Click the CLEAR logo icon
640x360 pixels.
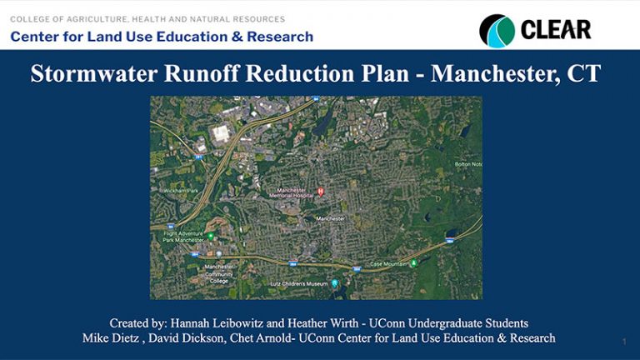[x=497, y=31]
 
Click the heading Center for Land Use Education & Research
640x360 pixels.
[x=162, y=37]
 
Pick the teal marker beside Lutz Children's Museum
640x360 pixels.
[x=335, y=283]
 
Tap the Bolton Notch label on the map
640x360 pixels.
[x=467, y=164]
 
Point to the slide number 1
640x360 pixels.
[x=623, y=342]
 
